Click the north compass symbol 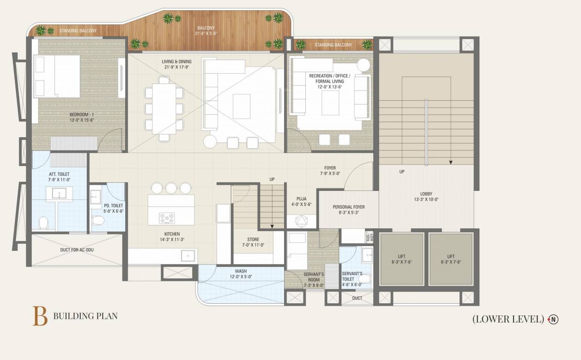point(554,320)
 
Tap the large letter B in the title point(40,316)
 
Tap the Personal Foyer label point(348,210)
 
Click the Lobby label point(426,196)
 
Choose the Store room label point(253,242)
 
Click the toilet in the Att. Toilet point(43,222)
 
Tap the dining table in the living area point(164,108)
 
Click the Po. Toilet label point(113,208)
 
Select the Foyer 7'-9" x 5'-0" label point(330,171)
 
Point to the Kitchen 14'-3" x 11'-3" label point(172,237)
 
